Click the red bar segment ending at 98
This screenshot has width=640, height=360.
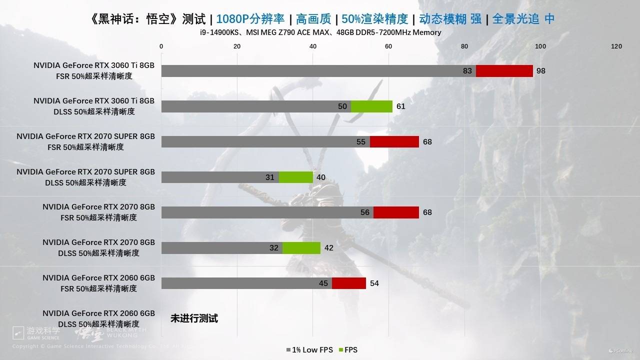pos(504,71)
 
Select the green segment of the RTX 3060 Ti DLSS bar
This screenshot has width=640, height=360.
pos(371,106)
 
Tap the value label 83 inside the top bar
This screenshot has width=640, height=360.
pos(467,71)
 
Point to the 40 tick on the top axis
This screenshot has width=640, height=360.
pos(313,46)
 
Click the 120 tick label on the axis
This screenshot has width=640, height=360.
pos(616,46)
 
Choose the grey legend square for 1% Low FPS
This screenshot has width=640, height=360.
pos(288,350)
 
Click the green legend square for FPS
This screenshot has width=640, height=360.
pos(340,350)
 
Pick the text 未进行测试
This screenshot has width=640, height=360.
pos(194,318)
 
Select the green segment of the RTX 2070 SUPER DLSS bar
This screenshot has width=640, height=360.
pos(296,177)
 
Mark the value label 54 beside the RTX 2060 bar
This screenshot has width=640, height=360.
pos(374,283)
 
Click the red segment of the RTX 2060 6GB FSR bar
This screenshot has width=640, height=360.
pos(349,283)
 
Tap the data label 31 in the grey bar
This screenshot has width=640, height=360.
pos(270,177)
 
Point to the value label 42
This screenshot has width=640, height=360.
pos(328,248)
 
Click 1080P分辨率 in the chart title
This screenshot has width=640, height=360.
pos(250,19)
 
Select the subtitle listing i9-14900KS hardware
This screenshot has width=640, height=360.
pos(320,32)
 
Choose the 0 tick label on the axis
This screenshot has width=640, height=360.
pos(161,46)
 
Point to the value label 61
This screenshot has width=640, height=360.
pos(400,106)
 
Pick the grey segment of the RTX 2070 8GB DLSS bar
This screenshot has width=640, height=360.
pos(221,248)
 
